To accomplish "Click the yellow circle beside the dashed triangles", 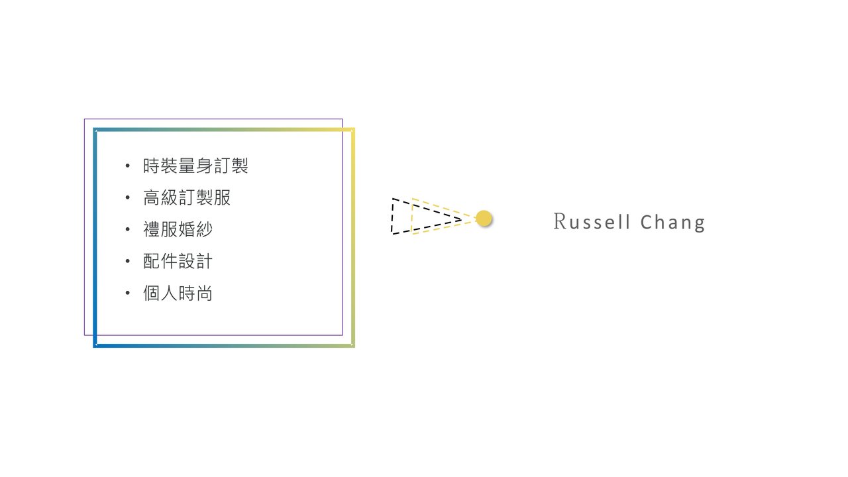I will pyautogui.click(x=484, y=218).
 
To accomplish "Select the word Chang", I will pyautogui.click(x=672, y=223).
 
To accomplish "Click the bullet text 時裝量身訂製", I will pyautogui.click(x=195, y=166).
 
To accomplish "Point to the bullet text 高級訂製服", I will pyautogui.click(x=187, y=197).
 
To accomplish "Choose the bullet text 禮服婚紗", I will pyautogui.click(x=178, y=229).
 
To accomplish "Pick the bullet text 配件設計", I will pyautogui.click(x=178, y=261).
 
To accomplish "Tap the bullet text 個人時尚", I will pyautogui.click(x=178, y=293).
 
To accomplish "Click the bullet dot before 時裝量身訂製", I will pyautogui.click(x=128, y=166).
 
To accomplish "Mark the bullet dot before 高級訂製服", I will pyautogui.click(x=128, y=197).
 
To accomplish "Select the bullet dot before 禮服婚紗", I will pyautogui.click(x=128, y=229).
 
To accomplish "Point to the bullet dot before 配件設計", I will pyautogui.click(x=128, y=261).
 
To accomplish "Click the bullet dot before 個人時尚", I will pyautogui.click(x=128, y=293).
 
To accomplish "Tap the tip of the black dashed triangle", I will pyautogui.click(x=462, y=218).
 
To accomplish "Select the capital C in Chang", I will pyautogui.click(x=647, y=221).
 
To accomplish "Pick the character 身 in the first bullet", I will pyautogui.click(x=204, y=166).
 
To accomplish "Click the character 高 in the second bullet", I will pyautogui.click(x=152, y=197).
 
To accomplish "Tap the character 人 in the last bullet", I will pyautogui.click(x=169, y=293).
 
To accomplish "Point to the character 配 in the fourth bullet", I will pyautogui.click(x=152, y=261).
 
